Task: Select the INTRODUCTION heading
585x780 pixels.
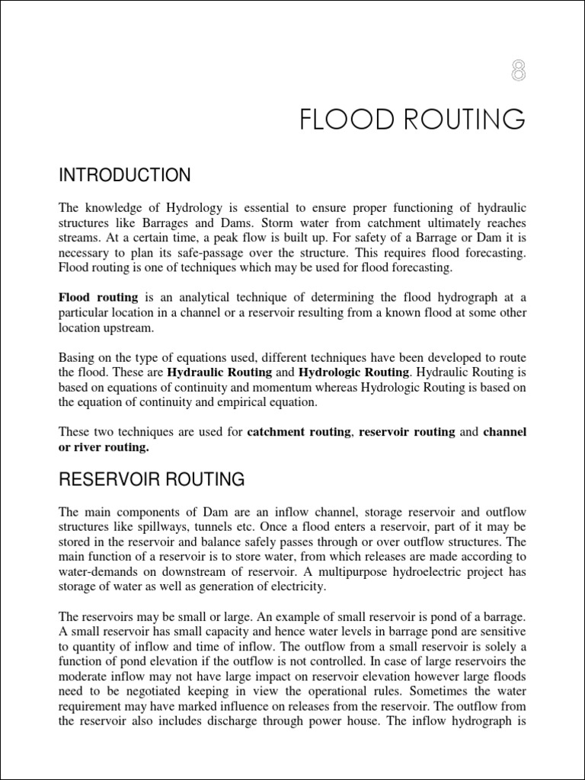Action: coord(125,176)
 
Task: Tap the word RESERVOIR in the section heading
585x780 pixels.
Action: coord(113,479)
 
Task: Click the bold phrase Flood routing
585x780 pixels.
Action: coord(98,297)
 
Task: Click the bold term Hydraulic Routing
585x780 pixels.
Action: coord(219,372)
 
